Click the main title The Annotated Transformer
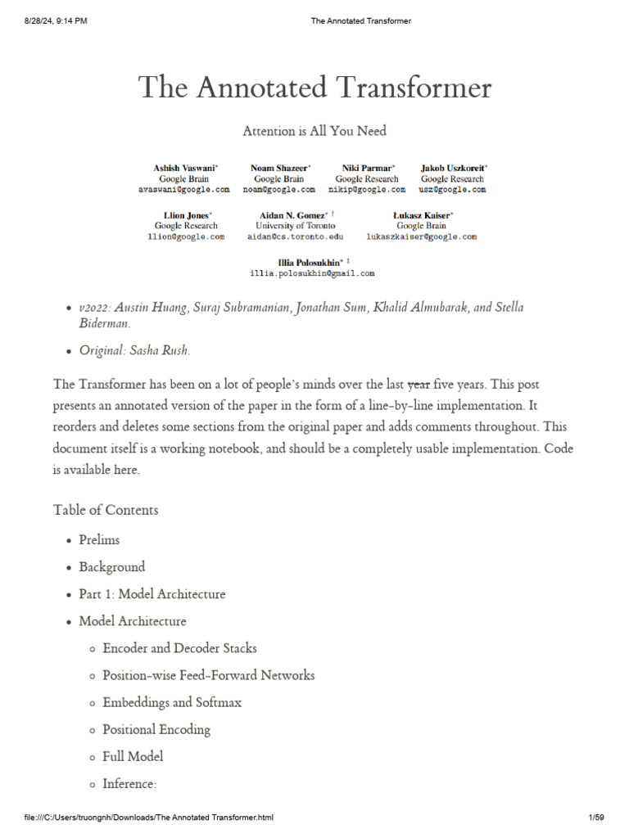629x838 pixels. pos(314,88)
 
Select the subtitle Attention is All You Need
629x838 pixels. pos(314,131)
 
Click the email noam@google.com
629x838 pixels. pos(278,189)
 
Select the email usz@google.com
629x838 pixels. pos(452,189)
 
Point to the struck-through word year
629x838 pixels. pos(419,384)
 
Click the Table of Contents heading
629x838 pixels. pos(106,510)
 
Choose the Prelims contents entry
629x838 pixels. pos(99,540)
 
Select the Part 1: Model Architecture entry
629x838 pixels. pos(152,594)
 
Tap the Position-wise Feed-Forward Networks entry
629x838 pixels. pos(208,675)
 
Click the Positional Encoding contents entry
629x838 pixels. pos(156,729)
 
